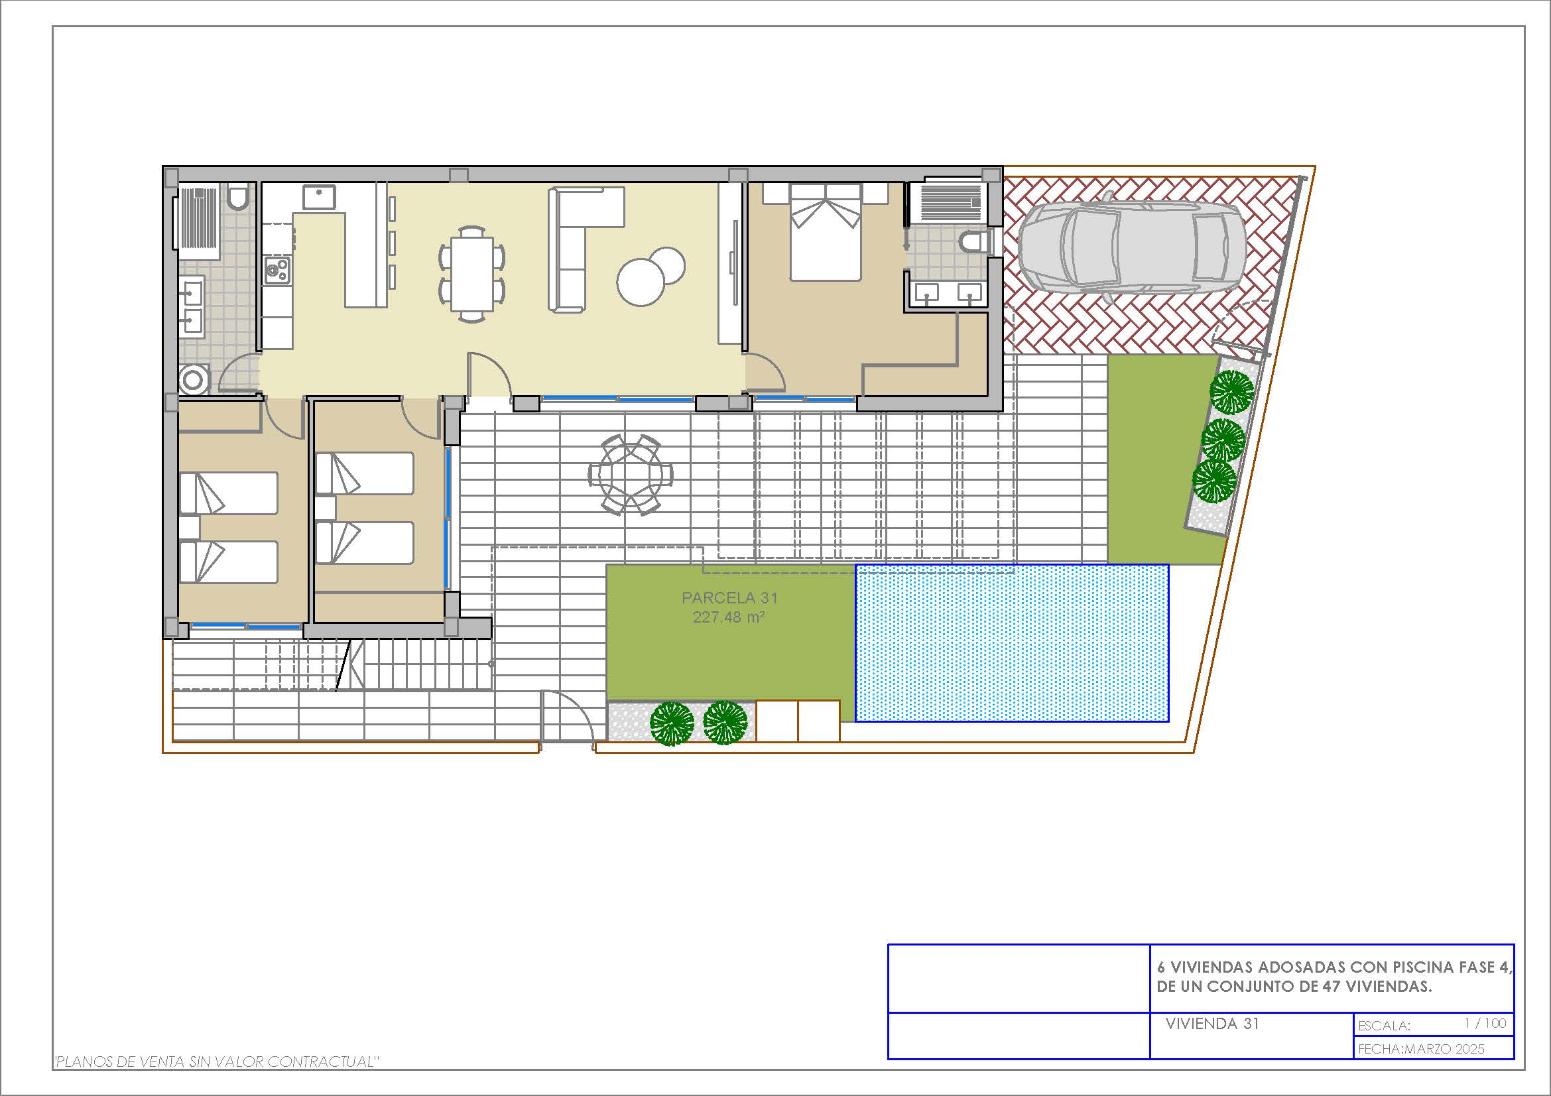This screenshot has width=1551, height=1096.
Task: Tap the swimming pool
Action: [1012, 643]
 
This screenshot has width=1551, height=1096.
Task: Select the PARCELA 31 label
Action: [729, 597]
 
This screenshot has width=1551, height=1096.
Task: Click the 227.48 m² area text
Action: [728, 617]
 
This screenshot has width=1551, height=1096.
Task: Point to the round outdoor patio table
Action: [630, 474]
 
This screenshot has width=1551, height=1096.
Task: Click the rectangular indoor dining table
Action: [472, 273]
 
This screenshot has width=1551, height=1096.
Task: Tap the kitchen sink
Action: [319, 197]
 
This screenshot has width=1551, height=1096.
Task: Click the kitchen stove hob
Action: [277, 270]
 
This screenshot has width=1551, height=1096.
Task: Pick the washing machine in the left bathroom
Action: [194, 379]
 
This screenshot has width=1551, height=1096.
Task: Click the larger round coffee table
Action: [641, 282]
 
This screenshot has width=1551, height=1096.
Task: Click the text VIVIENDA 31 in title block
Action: [1212, 1023]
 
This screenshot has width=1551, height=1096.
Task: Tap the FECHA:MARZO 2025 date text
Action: [1420, 1048]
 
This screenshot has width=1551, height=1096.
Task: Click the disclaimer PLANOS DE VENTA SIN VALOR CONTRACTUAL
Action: [216, 1062]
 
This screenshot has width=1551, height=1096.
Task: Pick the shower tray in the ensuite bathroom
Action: [949, 202]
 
